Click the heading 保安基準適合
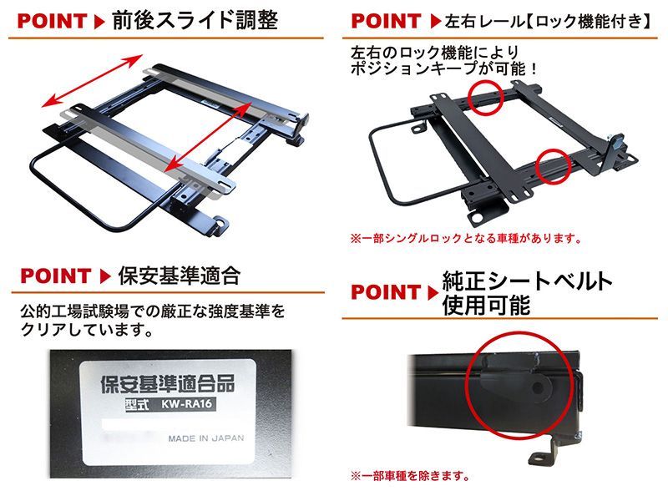point(180,275)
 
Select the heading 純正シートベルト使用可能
point(526,292)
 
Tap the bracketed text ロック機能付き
point(584,19)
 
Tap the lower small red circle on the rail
point(552,167)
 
